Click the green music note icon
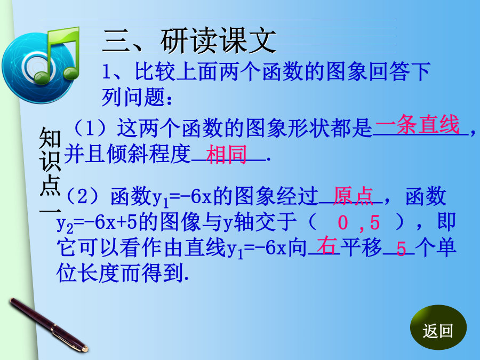(58, 55)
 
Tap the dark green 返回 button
(438, 327)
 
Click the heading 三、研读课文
(189, 41)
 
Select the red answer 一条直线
(417, 125)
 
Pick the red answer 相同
(226, 154)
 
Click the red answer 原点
(353, 195)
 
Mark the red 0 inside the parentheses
(343, 222)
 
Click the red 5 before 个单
(401, 248)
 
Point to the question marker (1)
(90, 128)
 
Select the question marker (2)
(82, 196)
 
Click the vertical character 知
(50, 138)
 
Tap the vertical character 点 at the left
(50, 186)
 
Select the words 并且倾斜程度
(127, 154)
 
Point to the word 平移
(361, 246)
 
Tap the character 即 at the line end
(446, 221)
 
